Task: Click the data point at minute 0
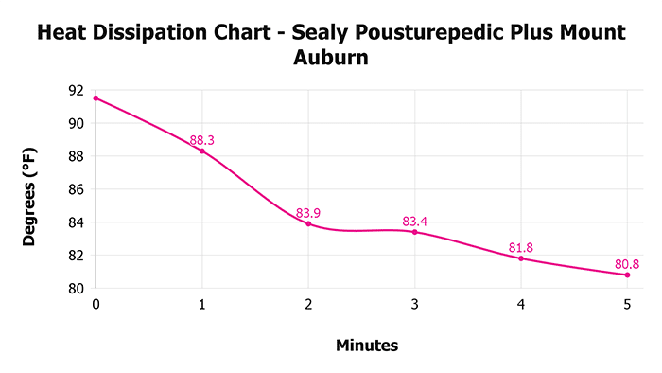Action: (96, 98)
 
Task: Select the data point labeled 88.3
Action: (201, 151)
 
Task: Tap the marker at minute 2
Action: (308, 223)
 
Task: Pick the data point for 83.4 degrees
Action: (415, 232)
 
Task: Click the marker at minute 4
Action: (521, 258)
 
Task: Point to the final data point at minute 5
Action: (628, 275)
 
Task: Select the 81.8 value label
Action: (521, 248)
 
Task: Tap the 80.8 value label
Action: (628, 264)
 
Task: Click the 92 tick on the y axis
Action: (77, 91)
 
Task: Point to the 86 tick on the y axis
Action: (77, 189)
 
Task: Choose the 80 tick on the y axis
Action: (77, 289)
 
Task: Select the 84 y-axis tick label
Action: (77, 222)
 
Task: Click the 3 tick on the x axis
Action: (415, 304)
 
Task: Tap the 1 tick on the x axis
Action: (201, 304)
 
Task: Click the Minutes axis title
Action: (367, 346)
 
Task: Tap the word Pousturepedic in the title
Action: (421, 33)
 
